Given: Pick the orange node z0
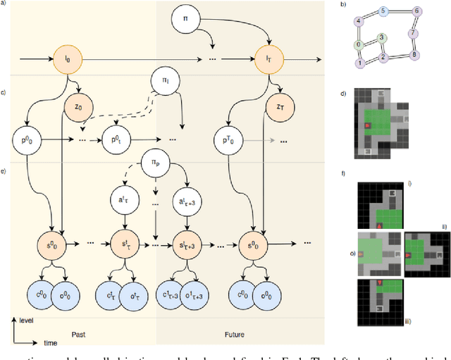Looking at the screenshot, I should point(78,108).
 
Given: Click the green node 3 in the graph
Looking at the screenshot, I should point(381,38).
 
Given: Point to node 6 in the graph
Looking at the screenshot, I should point(417,11).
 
